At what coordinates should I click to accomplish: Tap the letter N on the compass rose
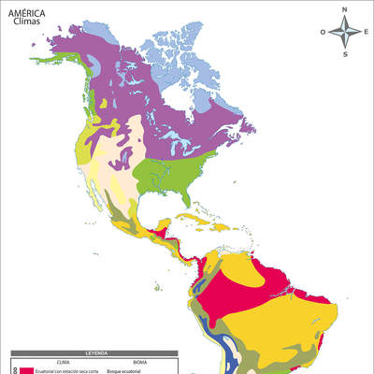[344, 9]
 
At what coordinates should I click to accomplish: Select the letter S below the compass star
[344, 53]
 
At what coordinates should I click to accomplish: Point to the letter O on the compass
[324, 32]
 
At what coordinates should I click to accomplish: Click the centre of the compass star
[344, 32]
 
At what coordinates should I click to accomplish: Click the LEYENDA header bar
[93, 353]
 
